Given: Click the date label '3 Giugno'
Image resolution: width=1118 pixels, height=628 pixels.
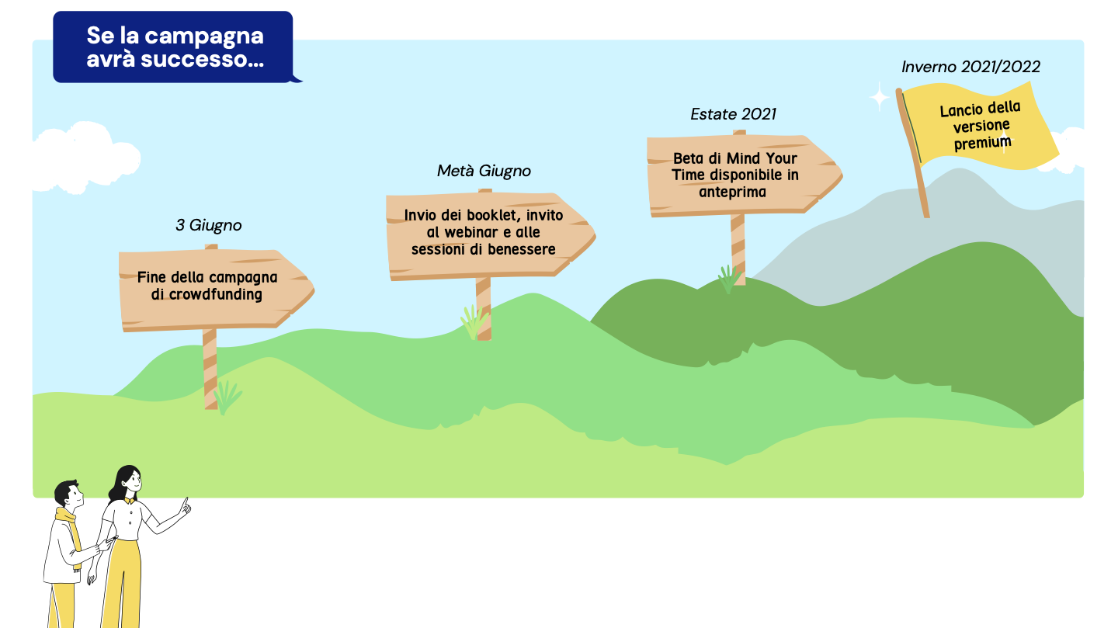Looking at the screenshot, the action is pyautogui.click(x=209, y=226).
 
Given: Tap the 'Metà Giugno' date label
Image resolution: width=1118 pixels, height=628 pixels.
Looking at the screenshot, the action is pyautogui.click(x=484, y=172).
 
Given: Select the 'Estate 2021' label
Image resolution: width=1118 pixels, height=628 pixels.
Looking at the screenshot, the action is pyautogui.click(x=733, y=114).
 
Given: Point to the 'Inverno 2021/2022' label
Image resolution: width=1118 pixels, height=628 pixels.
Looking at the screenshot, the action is pyautogui.click(x=970, y=67).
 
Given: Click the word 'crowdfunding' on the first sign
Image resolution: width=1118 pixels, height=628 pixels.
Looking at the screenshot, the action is pyautogui.click(x=216, y=294).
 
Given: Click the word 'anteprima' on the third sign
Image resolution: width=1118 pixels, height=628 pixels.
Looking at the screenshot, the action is pyautogui.click(x=732, y=193).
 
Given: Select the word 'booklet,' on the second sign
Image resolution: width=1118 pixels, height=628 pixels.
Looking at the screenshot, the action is pyautogui.click(x=494, y=215).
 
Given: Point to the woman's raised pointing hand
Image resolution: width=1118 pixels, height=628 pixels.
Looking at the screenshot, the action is pyautogui.click(x=185, y=507).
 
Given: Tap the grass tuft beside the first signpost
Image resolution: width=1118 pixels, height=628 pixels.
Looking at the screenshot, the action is pyautogui.click(x=227, y=397).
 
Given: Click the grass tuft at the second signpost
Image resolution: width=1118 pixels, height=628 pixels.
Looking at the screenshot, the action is pyautogui.click(x=474, y=322).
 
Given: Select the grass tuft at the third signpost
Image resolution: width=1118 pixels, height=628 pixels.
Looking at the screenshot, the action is pyautogui.click(x=729, y=279).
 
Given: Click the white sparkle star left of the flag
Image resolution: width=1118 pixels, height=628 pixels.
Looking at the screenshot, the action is pyautogui.click(x=880, y=97).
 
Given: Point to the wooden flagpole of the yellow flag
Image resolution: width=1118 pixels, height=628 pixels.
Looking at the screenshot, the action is pyautogui.click(x=912, y=153).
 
